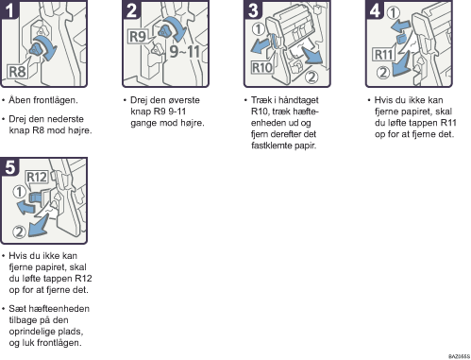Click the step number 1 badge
point(8,9)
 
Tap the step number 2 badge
point(130,9)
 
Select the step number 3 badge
point(252,9)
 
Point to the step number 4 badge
point(374,9)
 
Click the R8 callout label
point(17,72)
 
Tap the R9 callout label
point(138,37)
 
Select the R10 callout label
point(261,68)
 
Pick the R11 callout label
point(383,55)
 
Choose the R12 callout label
point(37,177)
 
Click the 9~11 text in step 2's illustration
point(185,51)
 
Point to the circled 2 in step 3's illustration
point(311,77)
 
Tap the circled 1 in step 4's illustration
point(393,12)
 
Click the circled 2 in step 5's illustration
point(19,231)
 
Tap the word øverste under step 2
point(184,100)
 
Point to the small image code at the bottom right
point(459,356)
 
